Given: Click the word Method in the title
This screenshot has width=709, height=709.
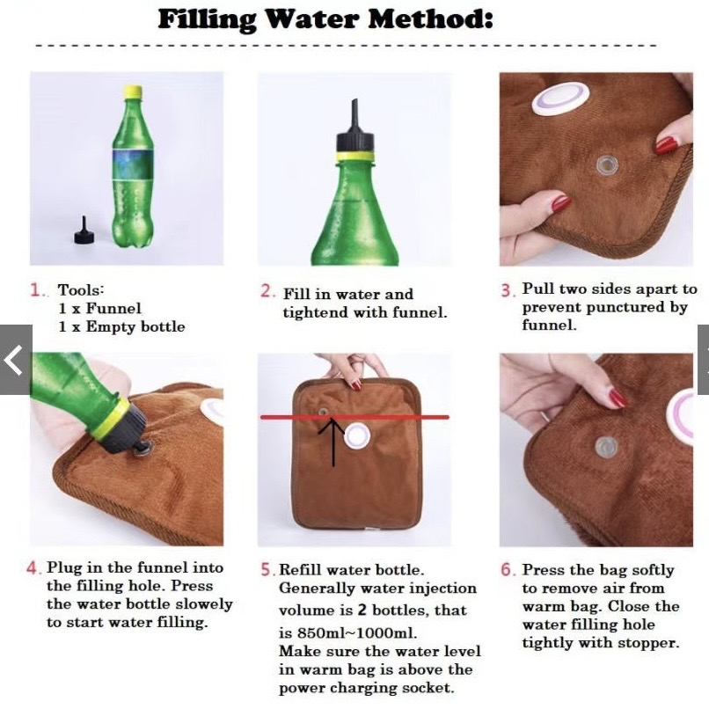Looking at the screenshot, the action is pos(430,20).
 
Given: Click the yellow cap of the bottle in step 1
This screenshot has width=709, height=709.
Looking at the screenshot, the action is pos(133,91).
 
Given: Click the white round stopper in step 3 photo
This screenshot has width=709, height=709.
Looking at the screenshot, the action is pos(561,99).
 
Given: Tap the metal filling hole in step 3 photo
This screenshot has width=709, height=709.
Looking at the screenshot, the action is pos(606,165).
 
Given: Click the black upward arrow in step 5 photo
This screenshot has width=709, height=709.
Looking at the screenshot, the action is pos(333,442).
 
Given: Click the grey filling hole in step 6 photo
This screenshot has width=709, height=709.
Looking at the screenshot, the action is pos(605,447).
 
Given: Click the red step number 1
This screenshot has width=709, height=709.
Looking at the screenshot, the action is pos(36,289).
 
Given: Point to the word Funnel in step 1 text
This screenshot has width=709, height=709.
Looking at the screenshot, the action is pos(113,309).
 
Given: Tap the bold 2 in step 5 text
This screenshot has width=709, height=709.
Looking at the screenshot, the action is pos(362,610).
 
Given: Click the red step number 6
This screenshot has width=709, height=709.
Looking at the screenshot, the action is pos(508,570).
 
